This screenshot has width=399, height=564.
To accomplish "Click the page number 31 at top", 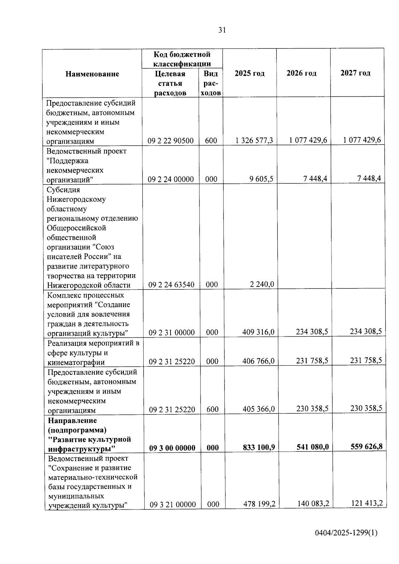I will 222,30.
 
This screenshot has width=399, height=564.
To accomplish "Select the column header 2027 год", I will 355,73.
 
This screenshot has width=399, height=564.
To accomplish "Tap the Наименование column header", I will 92,74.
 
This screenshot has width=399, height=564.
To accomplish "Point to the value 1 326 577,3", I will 254,141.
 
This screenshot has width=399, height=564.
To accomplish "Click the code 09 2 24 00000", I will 171,179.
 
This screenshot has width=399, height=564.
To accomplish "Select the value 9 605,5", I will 261,179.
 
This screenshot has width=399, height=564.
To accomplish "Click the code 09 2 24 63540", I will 171,285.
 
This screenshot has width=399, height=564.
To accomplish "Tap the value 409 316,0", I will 258,332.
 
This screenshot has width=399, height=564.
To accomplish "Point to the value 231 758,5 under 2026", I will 312,361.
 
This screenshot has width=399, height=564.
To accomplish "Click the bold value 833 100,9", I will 259,447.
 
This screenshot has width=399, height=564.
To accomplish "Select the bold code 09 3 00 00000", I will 172,448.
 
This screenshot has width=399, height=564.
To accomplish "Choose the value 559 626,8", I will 366,446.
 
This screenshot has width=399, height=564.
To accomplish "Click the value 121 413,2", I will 367,503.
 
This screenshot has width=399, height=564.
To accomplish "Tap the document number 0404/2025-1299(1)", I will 346,533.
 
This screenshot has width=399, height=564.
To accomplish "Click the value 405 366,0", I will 259,409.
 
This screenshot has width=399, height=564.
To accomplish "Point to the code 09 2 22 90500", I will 171,141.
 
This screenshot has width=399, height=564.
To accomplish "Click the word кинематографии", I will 76,362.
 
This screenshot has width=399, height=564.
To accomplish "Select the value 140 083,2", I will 313,504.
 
